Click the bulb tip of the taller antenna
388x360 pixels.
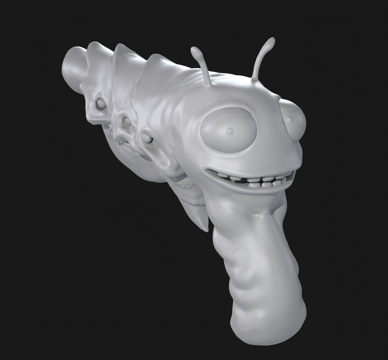270,42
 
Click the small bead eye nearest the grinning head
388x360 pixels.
146,138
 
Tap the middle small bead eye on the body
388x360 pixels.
126,121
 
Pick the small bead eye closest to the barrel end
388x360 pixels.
101,104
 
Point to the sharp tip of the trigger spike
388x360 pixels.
206,230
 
